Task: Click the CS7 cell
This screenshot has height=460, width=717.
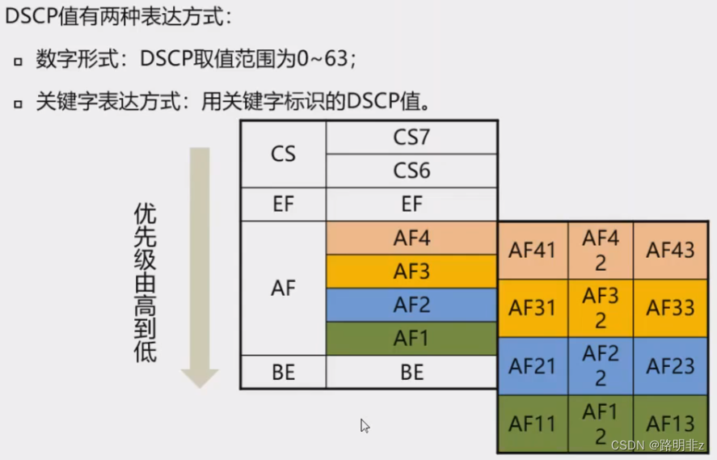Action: click(411, 137)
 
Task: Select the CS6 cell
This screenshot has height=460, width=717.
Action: click(411, 171)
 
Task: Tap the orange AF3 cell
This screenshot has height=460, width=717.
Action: click(411, 272)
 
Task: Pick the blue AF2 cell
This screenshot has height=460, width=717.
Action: click(411, 305)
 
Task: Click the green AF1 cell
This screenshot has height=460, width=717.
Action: click(411, 339)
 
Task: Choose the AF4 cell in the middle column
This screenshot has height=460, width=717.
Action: click(411, 238)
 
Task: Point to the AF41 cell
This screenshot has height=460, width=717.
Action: click(532, 250)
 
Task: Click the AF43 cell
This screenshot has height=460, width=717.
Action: click(670, 250)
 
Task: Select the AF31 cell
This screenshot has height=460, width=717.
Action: click(532, 308)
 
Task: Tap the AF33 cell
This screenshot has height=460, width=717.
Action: click(670, 308)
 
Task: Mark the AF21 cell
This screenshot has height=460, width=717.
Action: click(532, 366)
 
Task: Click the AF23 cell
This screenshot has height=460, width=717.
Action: click(670, 366)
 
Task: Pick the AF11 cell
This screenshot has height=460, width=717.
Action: click(532, 424)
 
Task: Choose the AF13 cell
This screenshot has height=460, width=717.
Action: click(670, 424)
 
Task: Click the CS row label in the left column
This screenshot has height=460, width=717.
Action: click(283, 154)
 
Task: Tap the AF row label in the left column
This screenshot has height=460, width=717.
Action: click(283, 288)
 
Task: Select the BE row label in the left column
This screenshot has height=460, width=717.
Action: click(283, 372)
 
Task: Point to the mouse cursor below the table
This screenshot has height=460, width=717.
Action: click(365, 425)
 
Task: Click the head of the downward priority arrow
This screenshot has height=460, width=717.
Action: click(199, 377)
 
